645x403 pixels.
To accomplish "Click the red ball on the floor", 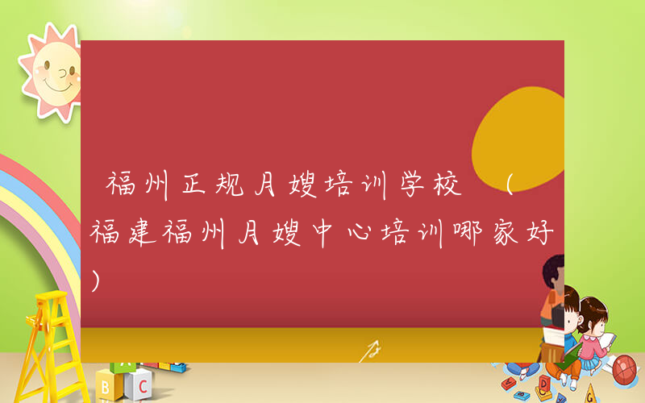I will point(626,370).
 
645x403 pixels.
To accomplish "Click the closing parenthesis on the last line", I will point(98,280).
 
